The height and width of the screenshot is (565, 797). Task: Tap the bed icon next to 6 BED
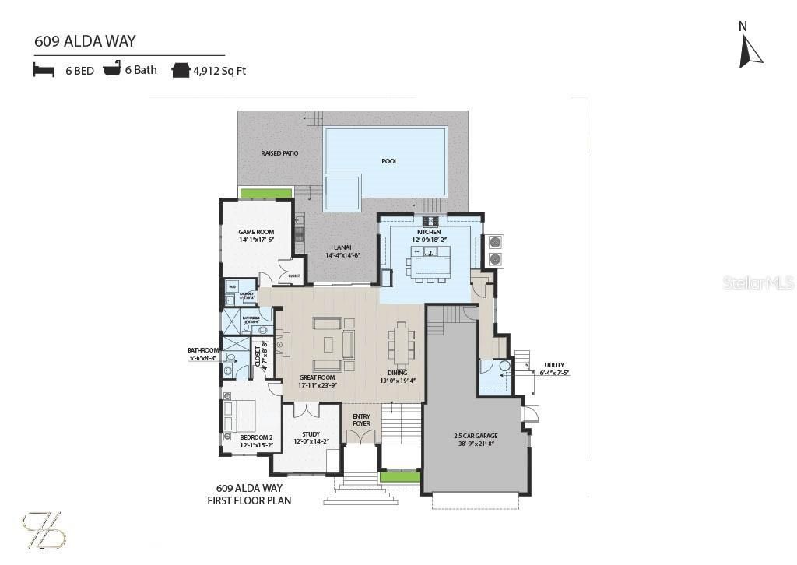pyautogui.click(x=44, y=70)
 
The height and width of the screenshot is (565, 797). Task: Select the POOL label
pyautogui.click(x=389, y=161)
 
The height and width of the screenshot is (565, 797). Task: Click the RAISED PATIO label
pyautogui.click(x=279, y=153)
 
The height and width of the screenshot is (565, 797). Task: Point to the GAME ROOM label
pyautogui.click(x=256, y=232)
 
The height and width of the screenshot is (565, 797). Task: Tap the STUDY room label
pyautogui.click(x=311, y=434)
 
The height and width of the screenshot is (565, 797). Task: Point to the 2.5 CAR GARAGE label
pyautogui.click(x=476, y=436)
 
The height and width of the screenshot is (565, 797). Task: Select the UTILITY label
pyautogui.click(x=554, y=365)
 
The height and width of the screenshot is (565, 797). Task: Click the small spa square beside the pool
pyautogui.click(x=342, y=191)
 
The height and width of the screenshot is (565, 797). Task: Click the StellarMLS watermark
pyautogui.click(x=758, y=282)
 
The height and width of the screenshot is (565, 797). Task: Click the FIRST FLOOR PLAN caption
pyautogui.click(x=249, y=500)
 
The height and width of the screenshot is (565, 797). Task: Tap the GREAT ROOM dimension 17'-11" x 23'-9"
pyautogui.click(x=318, y=384)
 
